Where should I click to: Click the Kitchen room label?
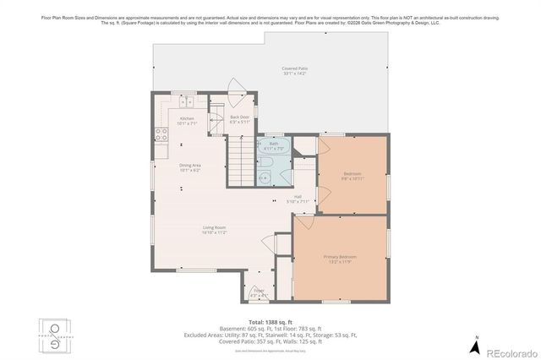pos(187,121)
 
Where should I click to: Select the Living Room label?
pos(213,229)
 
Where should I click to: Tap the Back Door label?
pos(239,119)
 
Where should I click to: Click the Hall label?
pos(298,199)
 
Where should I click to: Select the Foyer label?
pos(259,294)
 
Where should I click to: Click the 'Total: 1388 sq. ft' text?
pos(270,322)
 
